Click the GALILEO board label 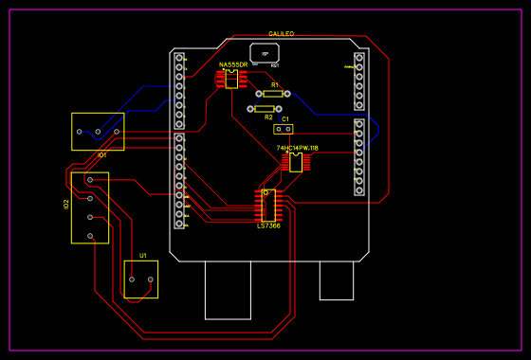point(281,34)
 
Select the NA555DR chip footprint point(231,79)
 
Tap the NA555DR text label point(233,64)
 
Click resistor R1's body point(273,94)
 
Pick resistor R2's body point(265,109)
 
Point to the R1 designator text point(275,85)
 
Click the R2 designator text point(268,117)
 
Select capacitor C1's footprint point(283,129)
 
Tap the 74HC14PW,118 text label point(297,148)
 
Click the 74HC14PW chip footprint point(296,163)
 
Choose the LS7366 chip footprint point(268,205)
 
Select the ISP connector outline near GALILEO point(265,53)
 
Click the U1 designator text point(143,256)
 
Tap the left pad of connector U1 point(133,279)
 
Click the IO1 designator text point(101,154)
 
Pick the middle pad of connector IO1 point(98,132)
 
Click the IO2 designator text point(66,204)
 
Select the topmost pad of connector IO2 point(90,179)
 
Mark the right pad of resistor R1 point(287,94)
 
